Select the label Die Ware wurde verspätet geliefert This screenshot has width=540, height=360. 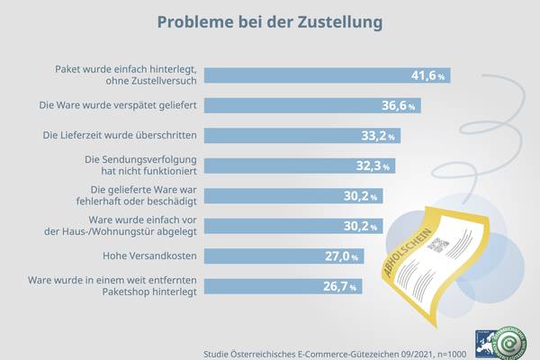119,106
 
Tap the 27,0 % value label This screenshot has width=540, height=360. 345,256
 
